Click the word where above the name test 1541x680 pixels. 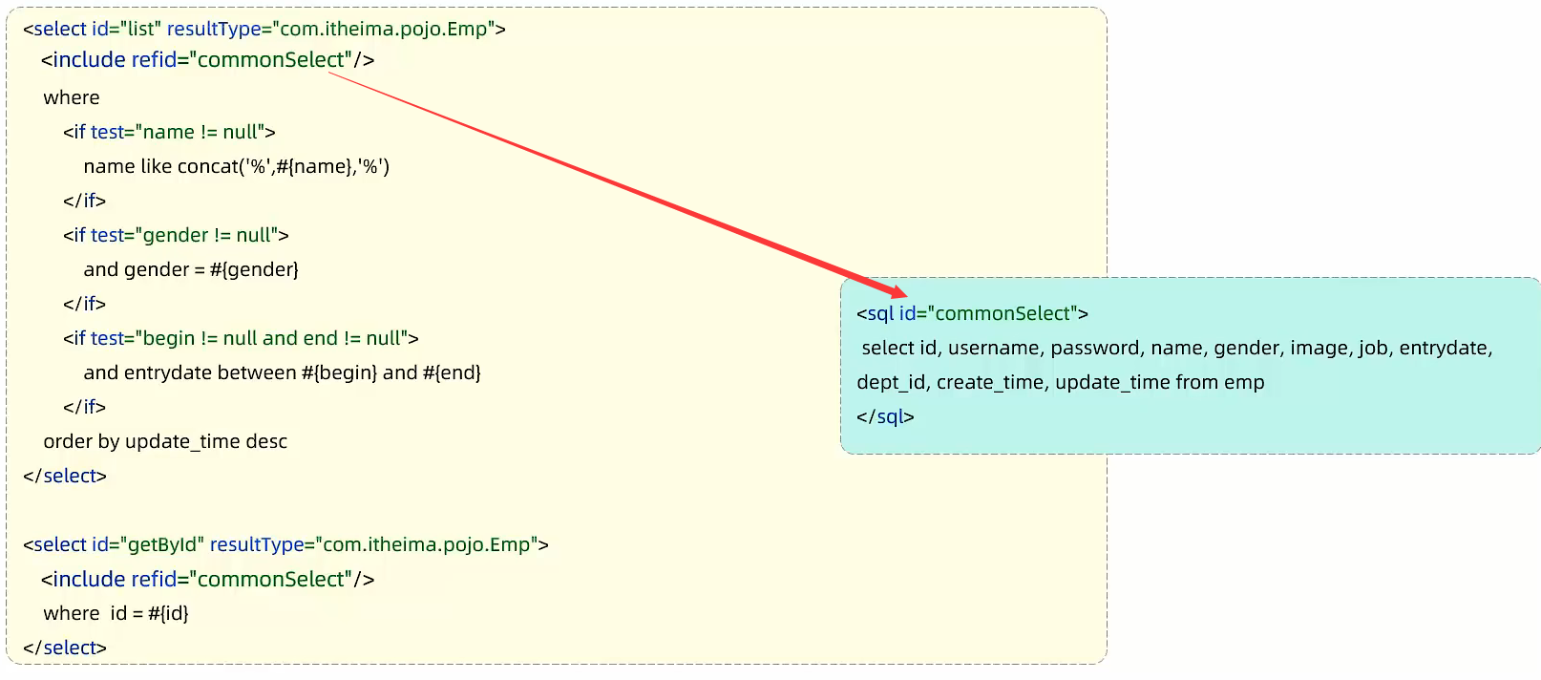72,97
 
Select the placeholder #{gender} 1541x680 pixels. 255,269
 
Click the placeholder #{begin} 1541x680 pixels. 340,373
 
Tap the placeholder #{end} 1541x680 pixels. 452,373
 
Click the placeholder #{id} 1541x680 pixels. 169,613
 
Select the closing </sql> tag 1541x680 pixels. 885,416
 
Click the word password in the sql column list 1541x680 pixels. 1097,348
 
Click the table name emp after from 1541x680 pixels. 1244,383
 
